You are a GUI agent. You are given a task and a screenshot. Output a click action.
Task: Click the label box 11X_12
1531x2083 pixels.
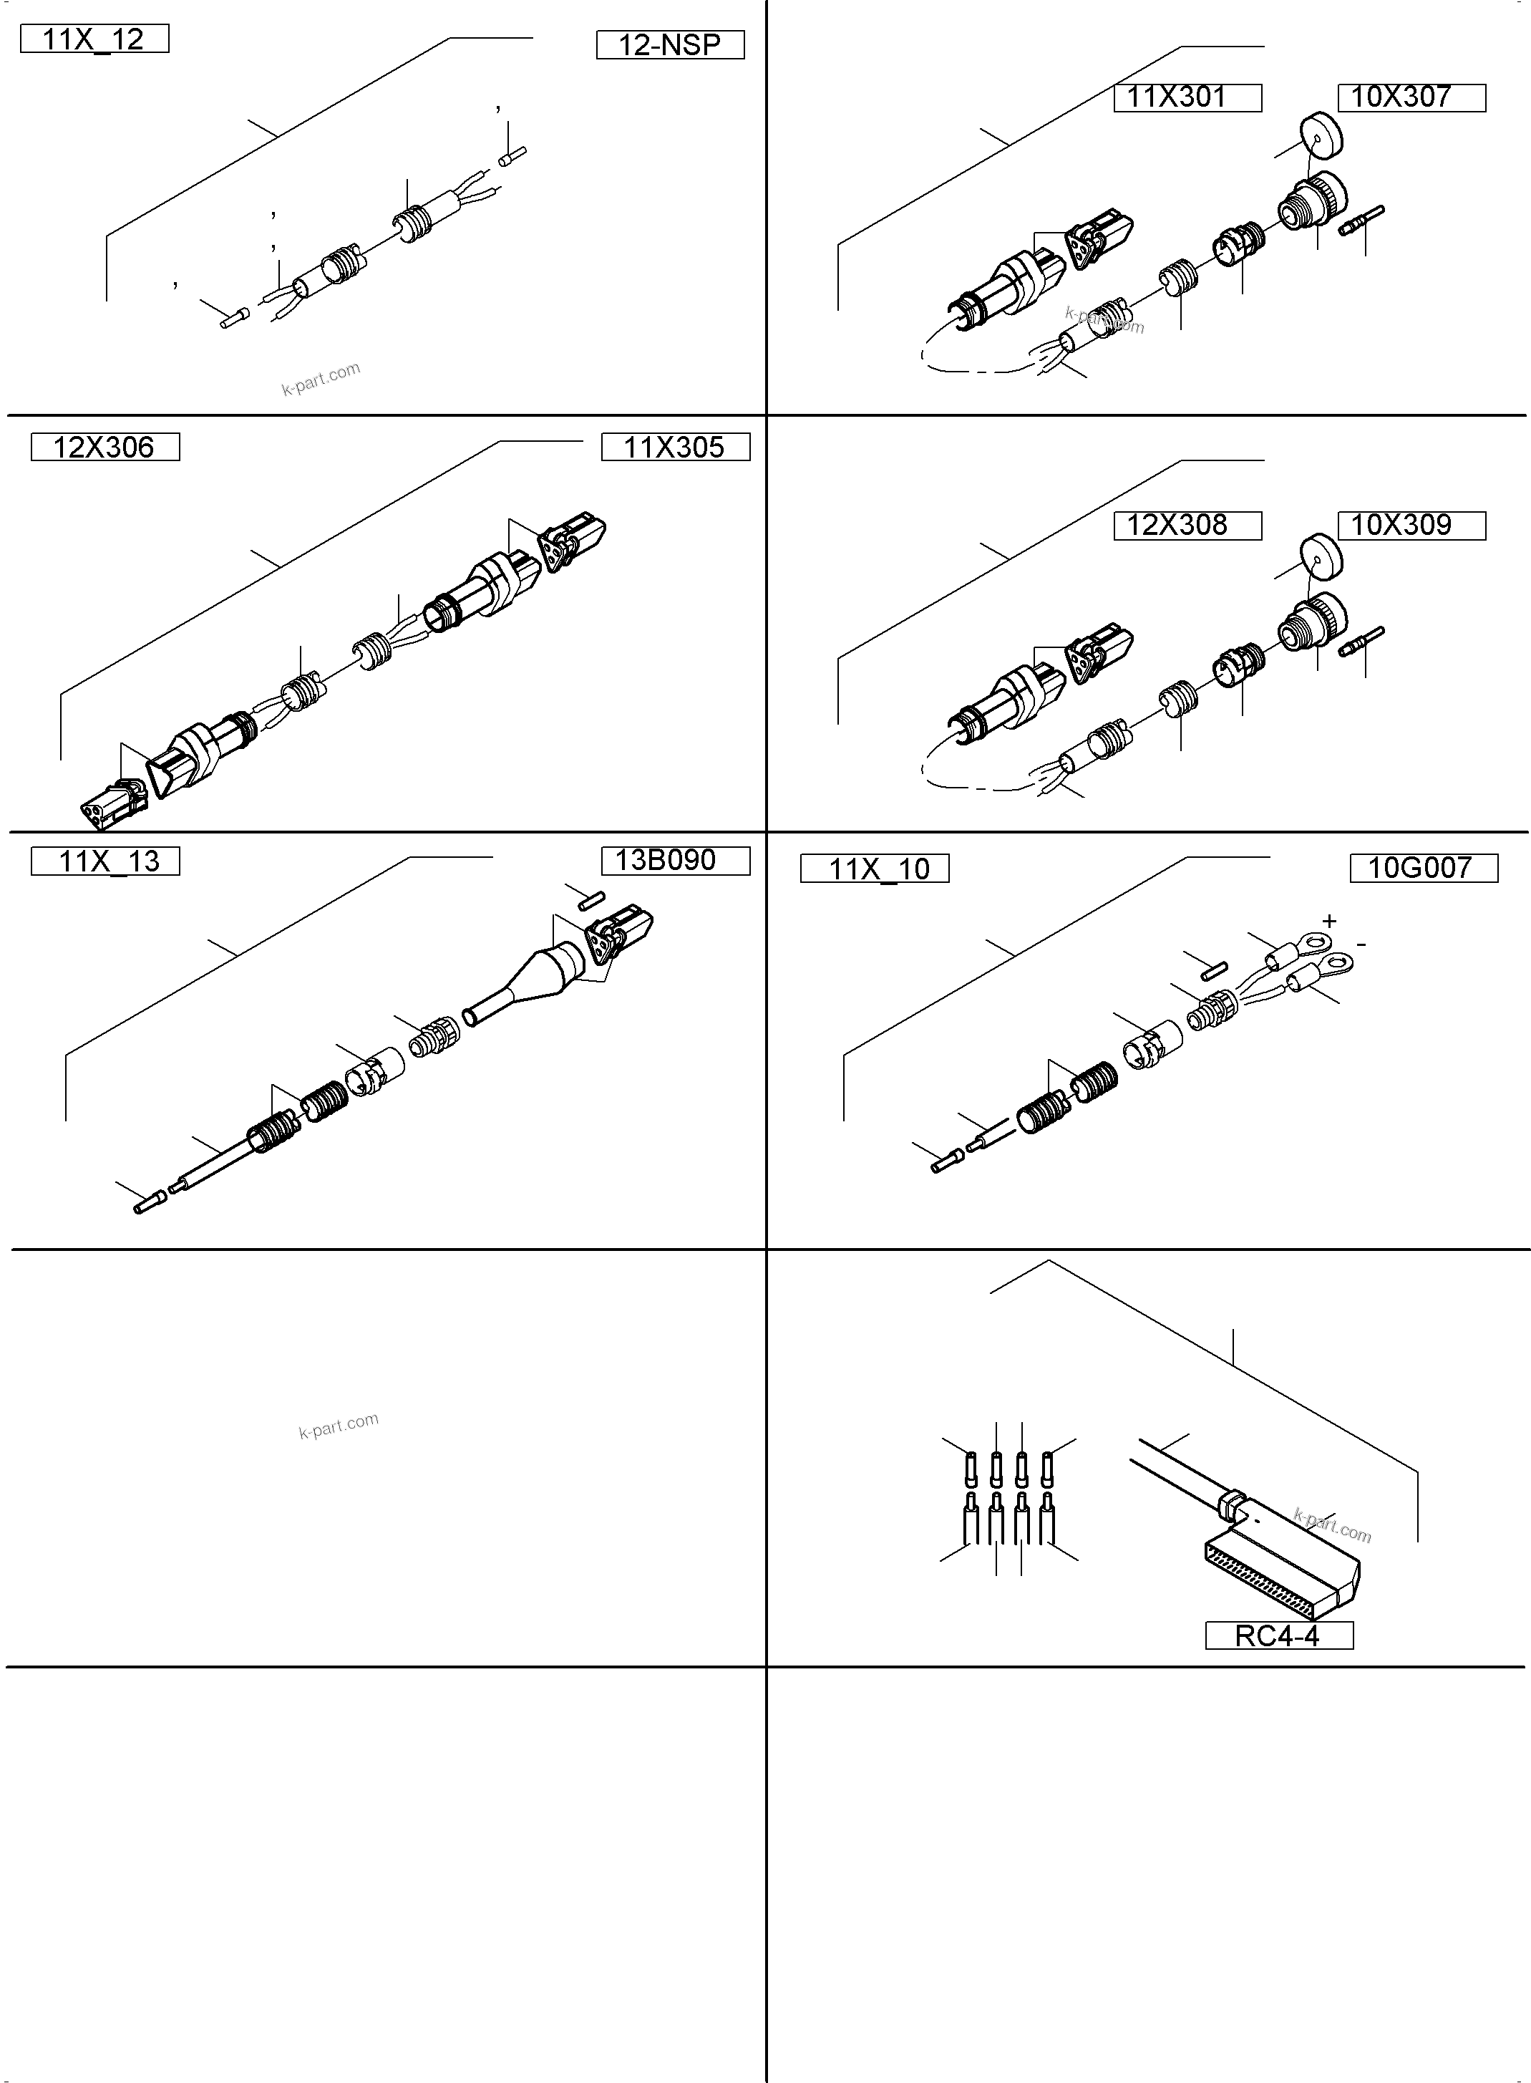(94, 39)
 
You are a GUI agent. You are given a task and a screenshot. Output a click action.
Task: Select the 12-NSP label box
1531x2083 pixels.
(669, 45)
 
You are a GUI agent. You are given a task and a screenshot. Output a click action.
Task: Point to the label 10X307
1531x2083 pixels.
(1411, 97)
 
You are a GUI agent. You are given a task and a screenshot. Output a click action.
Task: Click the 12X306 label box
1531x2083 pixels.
(105, 447)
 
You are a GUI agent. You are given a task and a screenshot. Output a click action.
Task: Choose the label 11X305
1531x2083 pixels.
(675, 447)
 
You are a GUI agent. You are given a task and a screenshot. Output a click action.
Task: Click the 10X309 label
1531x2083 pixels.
(1411, 526)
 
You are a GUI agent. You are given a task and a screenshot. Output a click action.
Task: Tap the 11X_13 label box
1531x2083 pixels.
(105, 861)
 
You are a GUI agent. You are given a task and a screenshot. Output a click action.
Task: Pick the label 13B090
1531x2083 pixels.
(675, 860)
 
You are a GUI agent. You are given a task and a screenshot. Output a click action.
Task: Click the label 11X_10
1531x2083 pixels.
(874, 869)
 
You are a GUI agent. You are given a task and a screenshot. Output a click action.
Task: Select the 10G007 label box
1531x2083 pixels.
(1423, 868)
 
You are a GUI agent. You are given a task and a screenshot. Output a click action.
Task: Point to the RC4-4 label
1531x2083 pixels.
(1278, 1635)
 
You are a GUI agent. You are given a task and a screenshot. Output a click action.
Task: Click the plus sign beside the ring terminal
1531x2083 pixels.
(1329, 921)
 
